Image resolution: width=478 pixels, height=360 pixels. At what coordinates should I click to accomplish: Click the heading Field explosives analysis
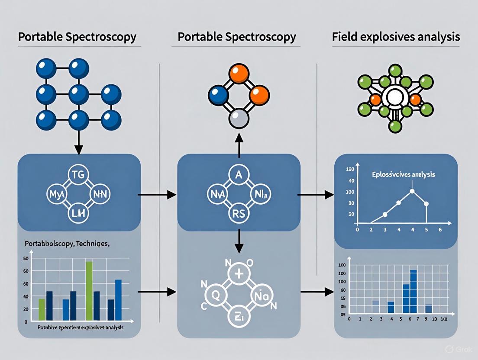pyautogui.click(x=396, y=37)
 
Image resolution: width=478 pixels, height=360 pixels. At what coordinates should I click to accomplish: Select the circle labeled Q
pyautogui.click(x=215, y=295)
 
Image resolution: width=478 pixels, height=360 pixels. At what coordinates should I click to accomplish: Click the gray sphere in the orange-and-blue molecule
pyautogui.click(x=239, y=118)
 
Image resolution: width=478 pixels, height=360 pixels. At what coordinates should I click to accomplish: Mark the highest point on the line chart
pyautogui.click(x=412, y=191)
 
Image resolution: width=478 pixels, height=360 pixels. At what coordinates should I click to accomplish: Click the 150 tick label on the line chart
pyautogui.click(x=350, y=169)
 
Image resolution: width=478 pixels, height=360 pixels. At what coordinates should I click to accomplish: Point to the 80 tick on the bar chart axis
pyautogui.click(x=26, y=259)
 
